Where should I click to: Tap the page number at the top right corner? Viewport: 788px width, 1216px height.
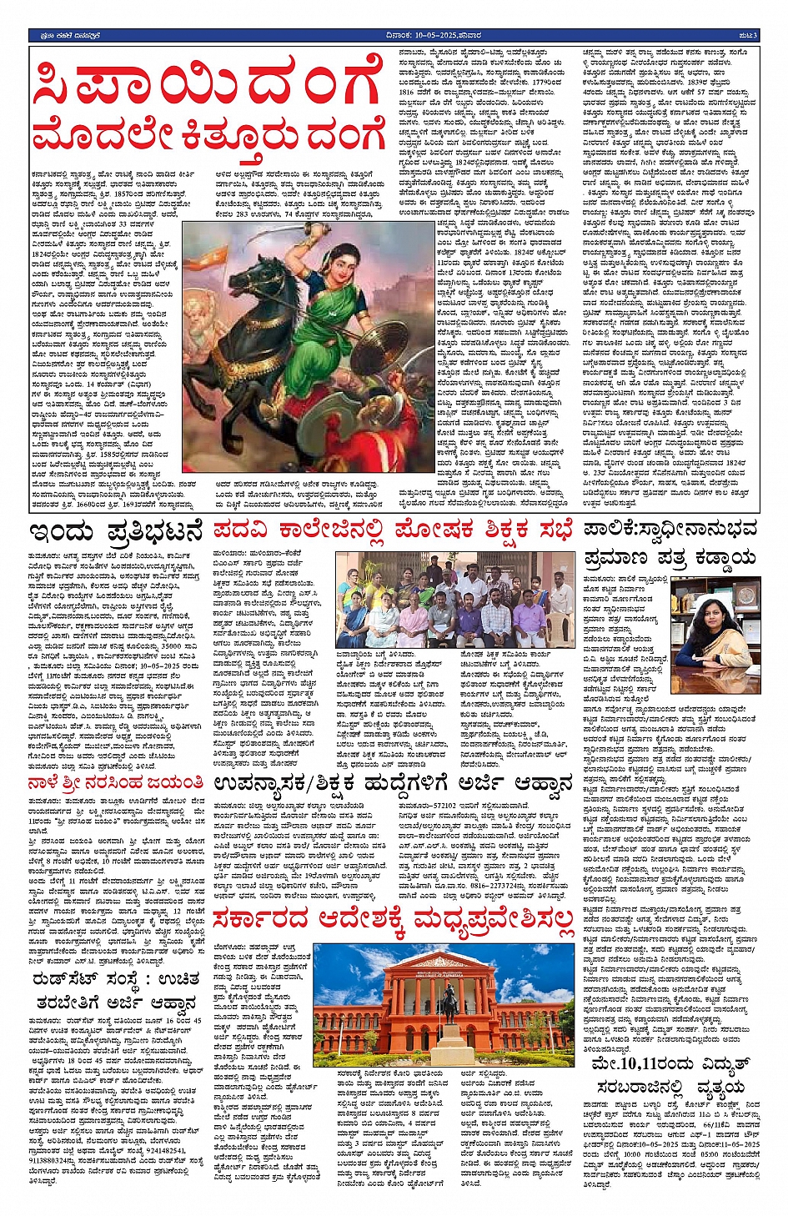point(748,36)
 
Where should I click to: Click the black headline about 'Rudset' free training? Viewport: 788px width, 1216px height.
point(117,990)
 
